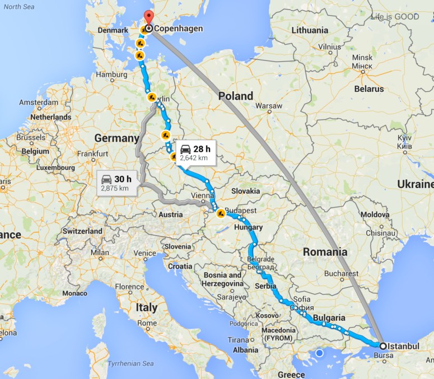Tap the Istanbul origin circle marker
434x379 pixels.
[x=383, y=346]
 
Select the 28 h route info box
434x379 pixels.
[x=195, y=152]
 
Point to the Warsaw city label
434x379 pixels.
[x=268, y=106]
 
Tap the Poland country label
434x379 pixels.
[x=236, y=96]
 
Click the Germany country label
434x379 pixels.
[x=116, y=138]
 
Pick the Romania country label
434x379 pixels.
[x=325, y=252]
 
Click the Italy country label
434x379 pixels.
[x=146, y=307]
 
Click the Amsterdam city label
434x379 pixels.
[x=39, y=102]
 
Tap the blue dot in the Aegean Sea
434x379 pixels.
[x=319, y=353]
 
